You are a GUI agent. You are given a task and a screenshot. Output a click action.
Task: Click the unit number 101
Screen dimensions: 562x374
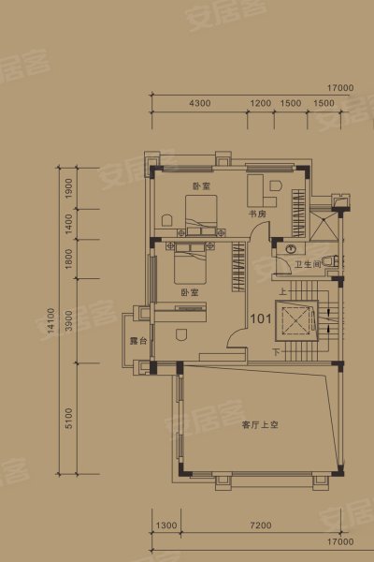pyautogui.click(x=260, y=318)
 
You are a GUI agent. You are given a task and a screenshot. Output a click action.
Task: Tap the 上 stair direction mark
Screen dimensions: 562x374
pyautogui.click(x=280, y=291)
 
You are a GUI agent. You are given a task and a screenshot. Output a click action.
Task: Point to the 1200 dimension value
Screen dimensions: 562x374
pyautogui.click(x=261, y=101)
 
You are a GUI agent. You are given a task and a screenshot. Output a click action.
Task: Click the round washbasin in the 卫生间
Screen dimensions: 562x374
pyautogui.click(x=291, y=249)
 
